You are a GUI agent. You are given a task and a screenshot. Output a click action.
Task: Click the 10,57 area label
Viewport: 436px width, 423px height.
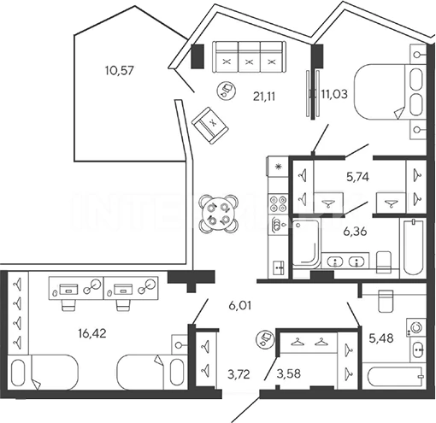tap(119, 70)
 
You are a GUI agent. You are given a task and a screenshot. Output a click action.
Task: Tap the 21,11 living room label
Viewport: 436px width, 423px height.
tap(264, 97)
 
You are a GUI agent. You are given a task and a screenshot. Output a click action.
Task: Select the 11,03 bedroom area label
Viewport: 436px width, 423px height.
tap(334, 94)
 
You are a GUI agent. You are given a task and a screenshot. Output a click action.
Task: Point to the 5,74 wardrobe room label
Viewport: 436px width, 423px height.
tap(357, 177)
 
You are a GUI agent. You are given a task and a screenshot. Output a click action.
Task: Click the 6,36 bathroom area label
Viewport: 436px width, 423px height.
tap(356, 232)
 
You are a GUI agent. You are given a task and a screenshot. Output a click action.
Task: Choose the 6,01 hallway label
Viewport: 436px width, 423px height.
tap(240, 306)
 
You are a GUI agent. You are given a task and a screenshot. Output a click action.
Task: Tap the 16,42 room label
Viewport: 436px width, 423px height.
tap(92, 332)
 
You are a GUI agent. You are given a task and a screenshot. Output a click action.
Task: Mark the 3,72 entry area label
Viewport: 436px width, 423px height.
tap(239, 374)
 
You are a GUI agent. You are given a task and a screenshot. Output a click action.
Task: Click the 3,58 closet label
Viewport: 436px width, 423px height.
tap(288, 373)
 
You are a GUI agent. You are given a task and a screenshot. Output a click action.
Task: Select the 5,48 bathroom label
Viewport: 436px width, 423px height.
tap(381, 338)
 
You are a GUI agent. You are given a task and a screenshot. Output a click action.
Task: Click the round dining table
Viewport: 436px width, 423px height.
tap(219, 214)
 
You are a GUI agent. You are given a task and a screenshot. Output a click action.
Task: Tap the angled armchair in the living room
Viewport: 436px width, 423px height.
tap(210, 126)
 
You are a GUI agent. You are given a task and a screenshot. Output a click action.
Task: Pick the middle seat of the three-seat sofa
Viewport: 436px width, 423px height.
tap(249, 56)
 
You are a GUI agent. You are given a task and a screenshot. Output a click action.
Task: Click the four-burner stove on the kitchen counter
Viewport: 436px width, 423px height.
tap(278, 203)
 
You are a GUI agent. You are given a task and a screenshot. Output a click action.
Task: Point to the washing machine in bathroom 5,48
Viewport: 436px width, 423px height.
tap(416, 326)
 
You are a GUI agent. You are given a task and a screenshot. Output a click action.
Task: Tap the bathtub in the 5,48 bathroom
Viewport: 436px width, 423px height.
tap(395, 377)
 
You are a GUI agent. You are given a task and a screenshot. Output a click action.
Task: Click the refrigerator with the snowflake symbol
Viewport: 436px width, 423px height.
tap(278, 166)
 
